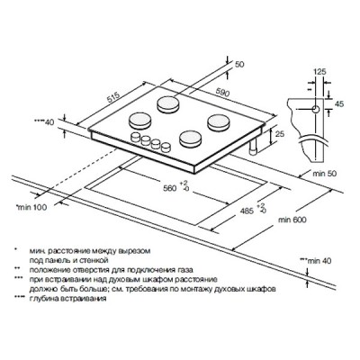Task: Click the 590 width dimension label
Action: [x=222, y=93]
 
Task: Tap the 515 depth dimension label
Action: [x=113, y=97]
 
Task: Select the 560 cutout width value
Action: [x=170, y=188]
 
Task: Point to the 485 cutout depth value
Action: [x=247, y=211]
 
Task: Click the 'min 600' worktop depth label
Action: [x=292, y=220]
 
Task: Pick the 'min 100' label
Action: [x=32, y=207]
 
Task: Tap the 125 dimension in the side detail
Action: [x=319, y=72]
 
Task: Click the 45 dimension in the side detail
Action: [x=339, y=104]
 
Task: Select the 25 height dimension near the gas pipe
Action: [x=280, y=134]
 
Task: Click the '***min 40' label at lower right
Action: [x=315, y=261]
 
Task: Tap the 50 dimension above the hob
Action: [x=239, y=64]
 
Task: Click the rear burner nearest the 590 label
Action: [x=169, y=104]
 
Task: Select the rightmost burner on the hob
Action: [x=219, y=122]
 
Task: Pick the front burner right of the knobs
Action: [x=191, y=139]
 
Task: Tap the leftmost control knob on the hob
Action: [x=136, y=137]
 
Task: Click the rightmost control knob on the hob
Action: [x=166, y=147]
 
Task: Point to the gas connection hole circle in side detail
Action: [x=316, y=110]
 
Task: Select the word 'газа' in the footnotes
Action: [x=184, y=270]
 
